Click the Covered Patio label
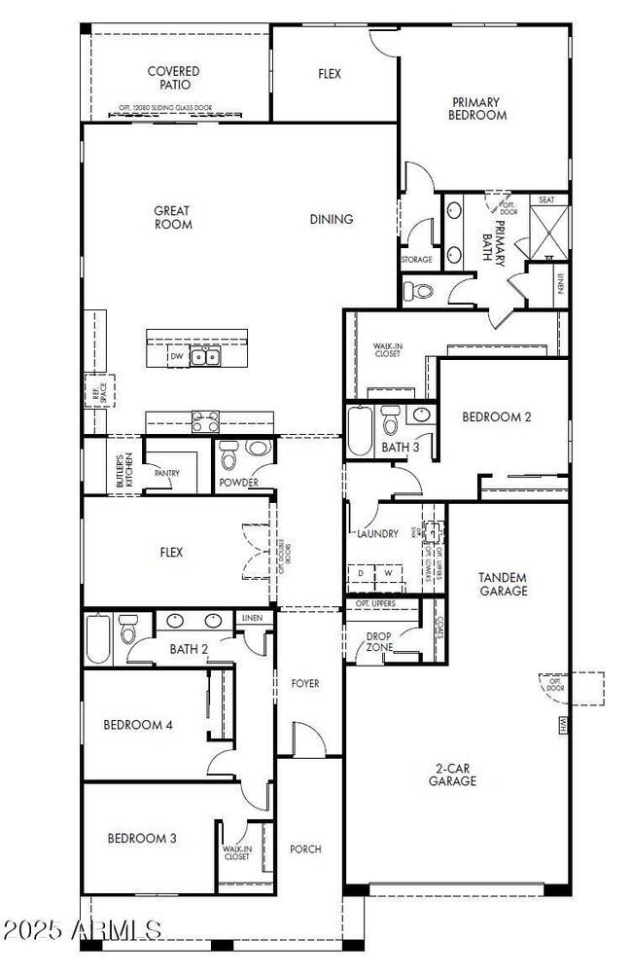pyautogui.click(x=173, y=78)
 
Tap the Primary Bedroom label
pyautogui.click(x=477, y=108)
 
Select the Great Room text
pyautogui.click(x=173, y=217)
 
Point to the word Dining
pyautogui.click(x=332, y=219)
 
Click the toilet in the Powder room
pyautogui.click(x=229, y=455)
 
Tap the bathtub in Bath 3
pyautogui.click(x=359, y=430)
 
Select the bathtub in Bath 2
pyautogui.click(x=98, y=638)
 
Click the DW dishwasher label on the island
pyautogui.click(x=177, y=357)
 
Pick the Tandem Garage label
pyautogui.click(x=503, y=584)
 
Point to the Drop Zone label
pyautogui.click(x=378, y=643)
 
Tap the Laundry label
pyautogui.click(x=377, y=533)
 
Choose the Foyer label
pyautogui.click(x=304, y=684)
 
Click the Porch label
pyautogui.click(x=305, y=848)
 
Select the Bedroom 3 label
pyautogui.click(x=142, y=838)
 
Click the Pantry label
pyautogui.click(x=167, y=473)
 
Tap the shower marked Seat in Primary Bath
pyautogui.click(x=548, y=230)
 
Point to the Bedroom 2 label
pyautogui.click(x=496, y=416)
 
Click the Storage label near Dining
pyautogui.click(x=416, y=260)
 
